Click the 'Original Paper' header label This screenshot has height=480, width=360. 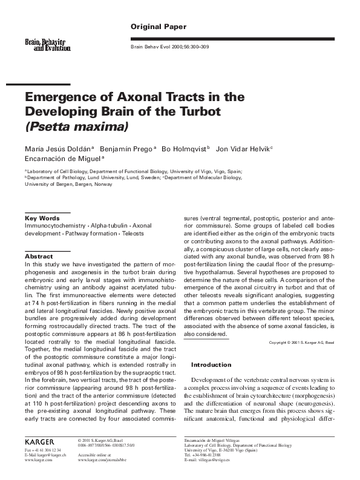point(159,27)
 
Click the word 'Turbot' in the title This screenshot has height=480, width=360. point(182,112)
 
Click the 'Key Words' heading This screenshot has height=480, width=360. point(42,218)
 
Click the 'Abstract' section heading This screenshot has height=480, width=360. point(39,257)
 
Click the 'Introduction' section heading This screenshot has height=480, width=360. point(212,365)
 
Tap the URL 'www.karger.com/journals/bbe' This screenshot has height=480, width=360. point(106,461)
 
